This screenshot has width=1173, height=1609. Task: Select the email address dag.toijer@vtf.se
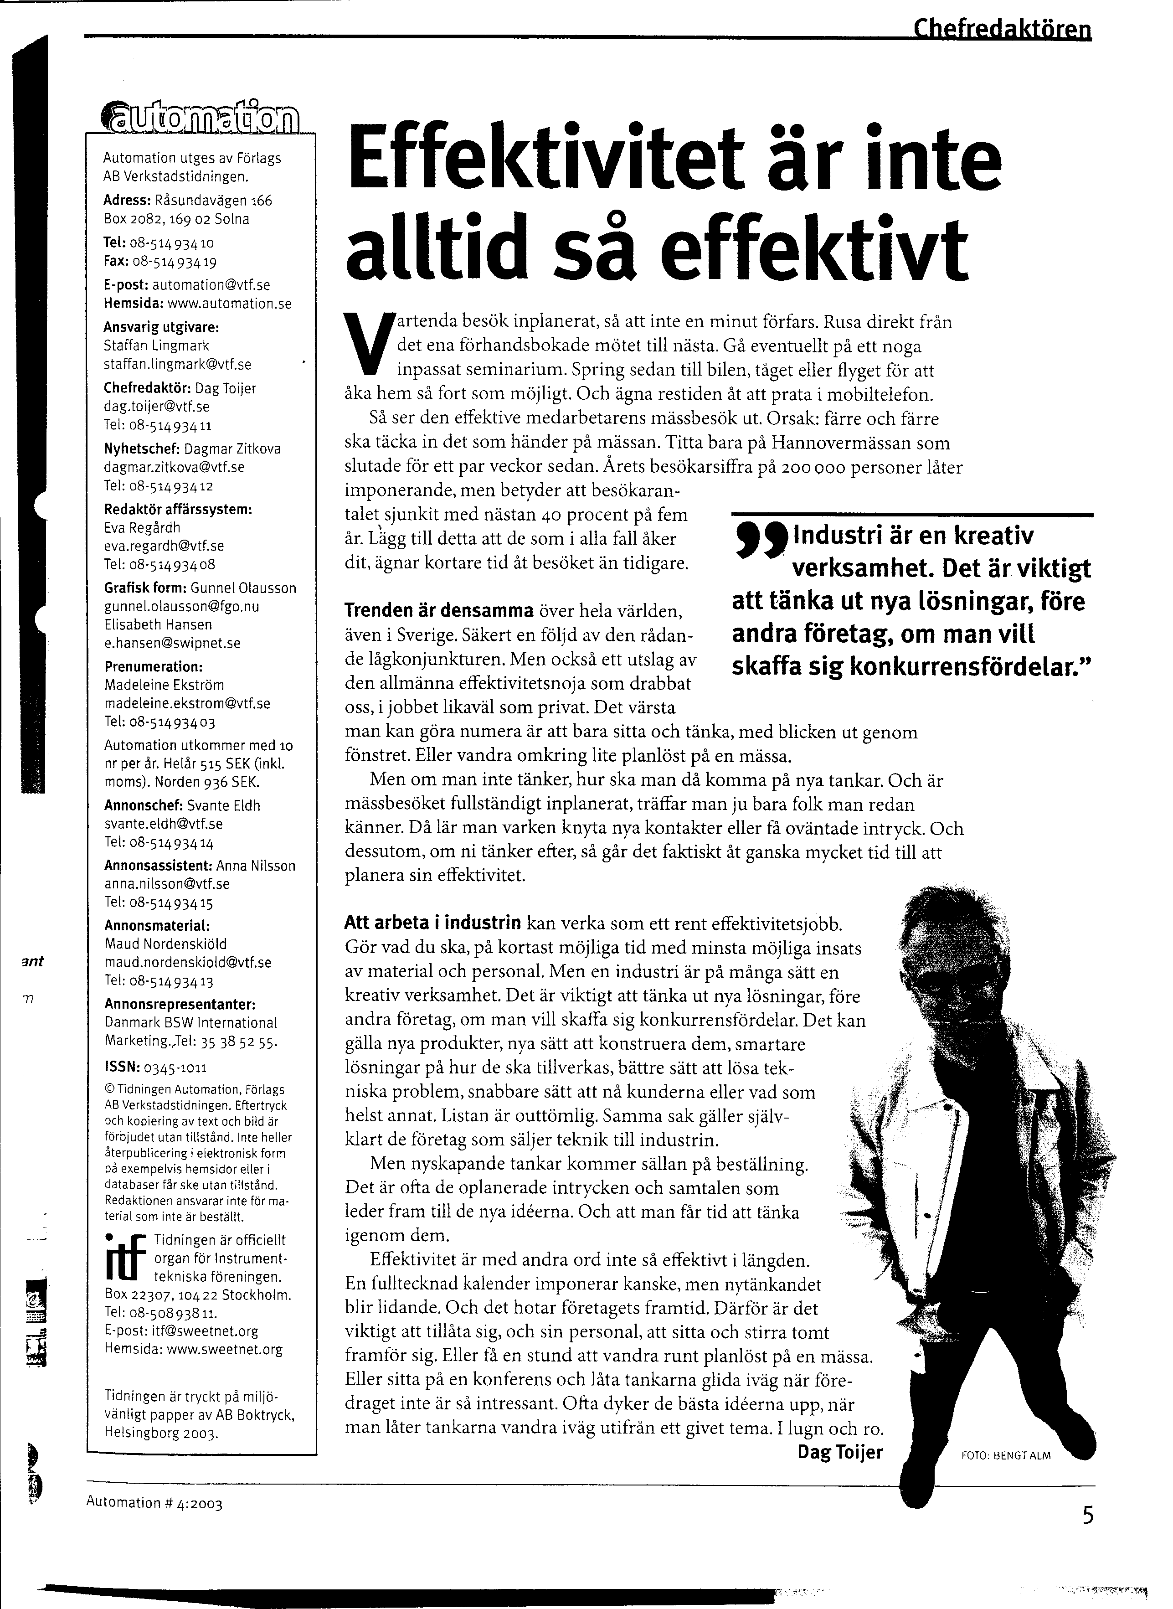[157, 407]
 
